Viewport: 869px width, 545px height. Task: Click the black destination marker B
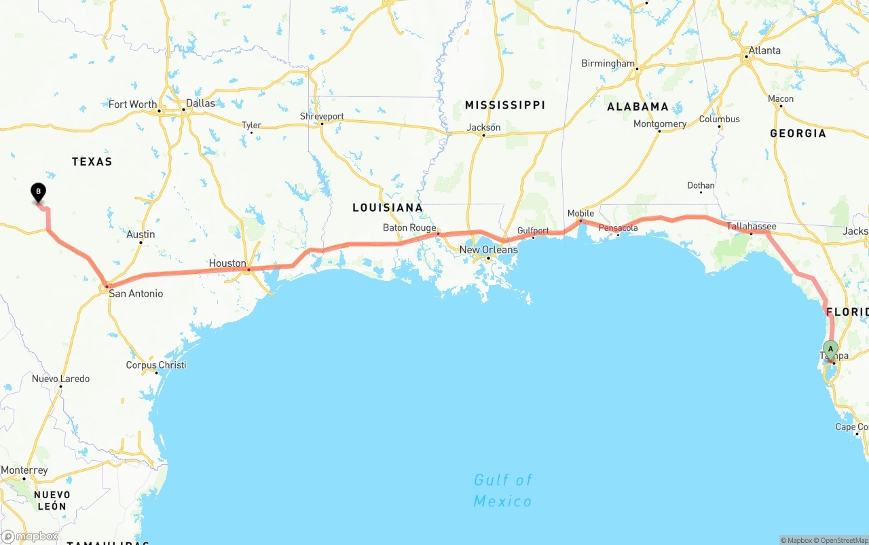(39, 193)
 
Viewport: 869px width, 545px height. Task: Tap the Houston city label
(227, 263)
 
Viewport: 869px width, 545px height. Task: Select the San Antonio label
(136, 294)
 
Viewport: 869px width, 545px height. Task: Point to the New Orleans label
(488, 250)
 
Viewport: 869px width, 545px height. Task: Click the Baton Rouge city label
(409, 227)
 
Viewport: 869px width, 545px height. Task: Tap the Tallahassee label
(751, 226)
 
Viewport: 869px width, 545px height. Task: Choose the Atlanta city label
(764, 50)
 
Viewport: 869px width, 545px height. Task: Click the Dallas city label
(200, 103)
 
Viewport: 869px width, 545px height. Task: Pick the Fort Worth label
(132, 105)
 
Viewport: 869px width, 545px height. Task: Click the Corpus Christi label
(156, 365)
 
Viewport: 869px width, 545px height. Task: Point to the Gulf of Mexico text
(502, 491)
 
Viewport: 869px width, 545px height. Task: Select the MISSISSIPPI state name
(504, 105)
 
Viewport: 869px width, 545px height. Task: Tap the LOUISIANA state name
(387, 208)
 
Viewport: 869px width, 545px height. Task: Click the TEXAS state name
(92, 162)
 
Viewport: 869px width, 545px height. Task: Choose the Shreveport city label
(322, 116)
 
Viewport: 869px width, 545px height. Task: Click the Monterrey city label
(24, 470)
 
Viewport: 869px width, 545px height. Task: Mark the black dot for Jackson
(483, 135)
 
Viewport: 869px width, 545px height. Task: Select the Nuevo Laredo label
(60, 379)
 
